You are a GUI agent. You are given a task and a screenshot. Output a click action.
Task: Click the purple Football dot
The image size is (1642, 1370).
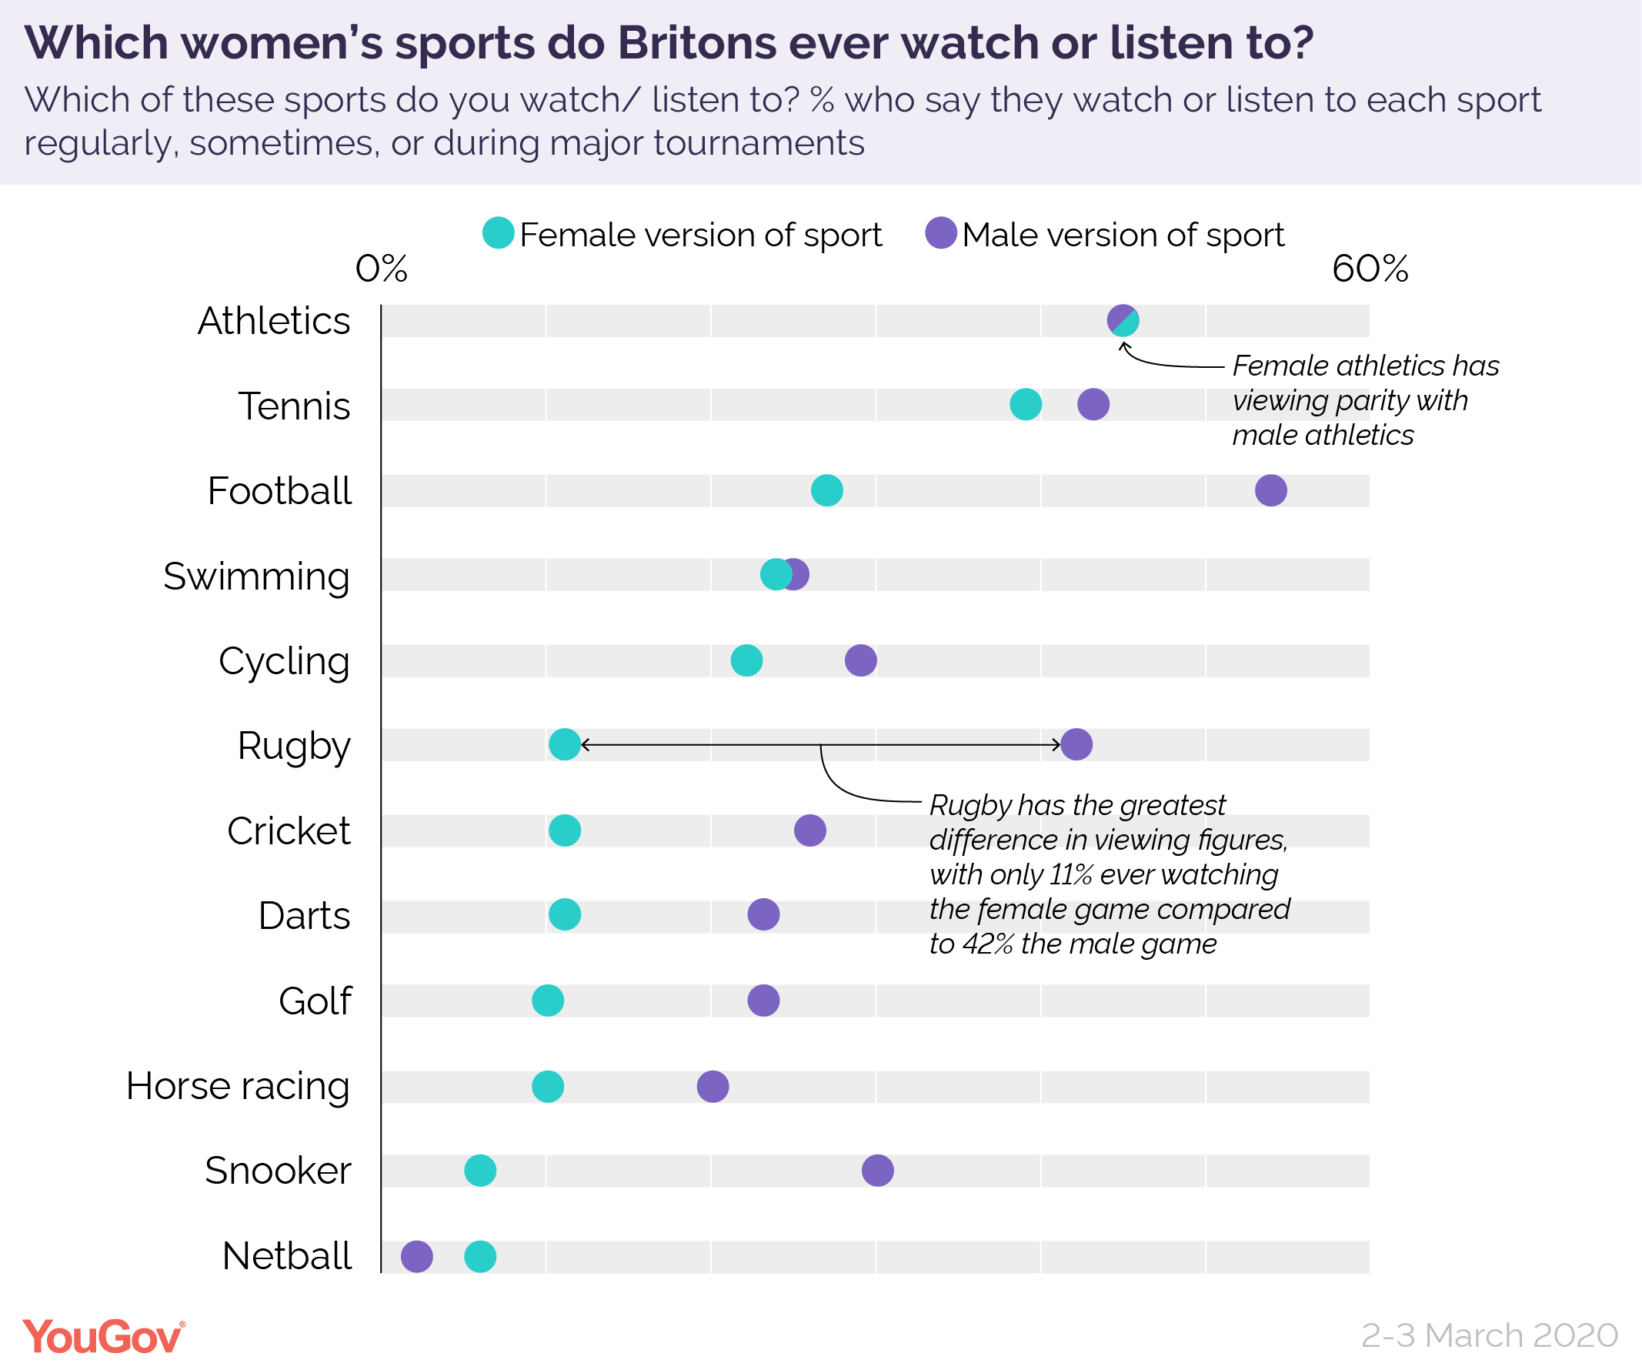[x=1270, y=490]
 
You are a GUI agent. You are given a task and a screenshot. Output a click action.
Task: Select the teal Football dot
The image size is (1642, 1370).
[x=826, y=490]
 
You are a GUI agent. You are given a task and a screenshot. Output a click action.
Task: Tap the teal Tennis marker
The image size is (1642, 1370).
[x=1025, y=404]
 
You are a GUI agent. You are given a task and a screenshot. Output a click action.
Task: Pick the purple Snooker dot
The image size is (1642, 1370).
[x=877, y=1171]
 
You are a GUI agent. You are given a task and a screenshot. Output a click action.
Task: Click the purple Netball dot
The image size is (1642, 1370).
[x=417, y=1257]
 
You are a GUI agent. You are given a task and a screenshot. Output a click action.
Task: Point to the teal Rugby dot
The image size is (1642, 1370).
[x=565, y=744]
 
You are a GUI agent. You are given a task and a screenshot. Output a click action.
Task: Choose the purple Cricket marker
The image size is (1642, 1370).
[x=810, y=830]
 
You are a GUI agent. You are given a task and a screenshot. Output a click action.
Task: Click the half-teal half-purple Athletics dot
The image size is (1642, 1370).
[x=1123, y=320]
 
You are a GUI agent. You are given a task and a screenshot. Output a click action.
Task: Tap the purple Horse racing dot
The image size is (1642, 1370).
[x=713, y=1086]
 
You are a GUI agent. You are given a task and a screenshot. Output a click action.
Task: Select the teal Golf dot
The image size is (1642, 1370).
[x=547, y=1000]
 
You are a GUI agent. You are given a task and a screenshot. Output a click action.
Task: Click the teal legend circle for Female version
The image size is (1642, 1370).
[x=498, y=233]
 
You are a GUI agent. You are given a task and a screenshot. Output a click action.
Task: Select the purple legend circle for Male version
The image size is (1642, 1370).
[x=940, y=233]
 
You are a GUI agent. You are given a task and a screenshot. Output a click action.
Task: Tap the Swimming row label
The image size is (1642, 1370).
[x=256, y=577]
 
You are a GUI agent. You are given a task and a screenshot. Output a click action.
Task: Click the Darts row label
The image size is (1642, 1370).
[x=304, y=916]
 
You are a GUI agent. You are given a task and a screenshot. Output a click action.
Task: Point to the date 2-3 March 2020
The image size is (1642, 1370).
[x=1489, y=1335]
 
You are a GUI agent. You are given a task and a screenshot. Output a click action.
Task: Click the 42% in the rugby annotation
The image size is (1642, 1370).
[x=987, y=944]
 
